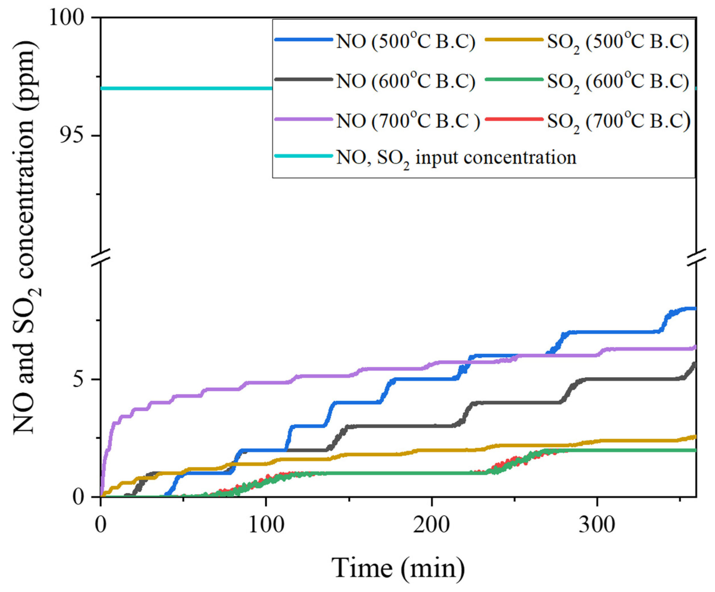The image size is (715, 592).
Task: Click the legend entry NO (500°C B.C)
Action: (x=405, y=42)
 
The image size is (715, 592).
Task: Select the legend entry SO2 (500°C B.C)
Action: (x=618, y=42)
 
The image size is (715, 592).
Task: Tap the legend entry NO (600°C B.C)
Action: (x=405, y=82)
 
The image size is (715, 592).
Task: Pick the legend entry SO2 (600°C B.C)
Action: (x=618, y=82)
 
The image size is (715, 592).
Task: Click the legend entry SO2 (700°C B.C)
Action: (x=618, y=121)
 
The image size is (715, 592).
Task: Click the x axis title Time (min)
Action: (x=398, y=568)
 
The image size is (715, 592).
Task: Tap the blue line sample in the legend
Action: (x=303, y=39)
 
